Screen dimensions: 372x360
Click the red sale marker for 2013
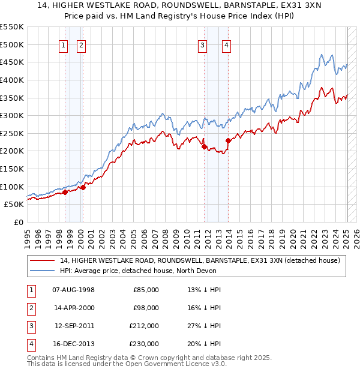tap(228, 140)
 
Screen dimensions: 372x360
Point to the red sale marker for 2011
tap(204, 146)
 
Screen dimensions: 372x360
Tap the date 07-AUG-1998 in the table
tap(74, 290)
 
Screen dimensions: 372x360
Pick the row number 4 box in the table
tap(30, 345)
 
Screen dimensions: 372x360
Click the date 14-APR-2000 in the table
tap(74, 308)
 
